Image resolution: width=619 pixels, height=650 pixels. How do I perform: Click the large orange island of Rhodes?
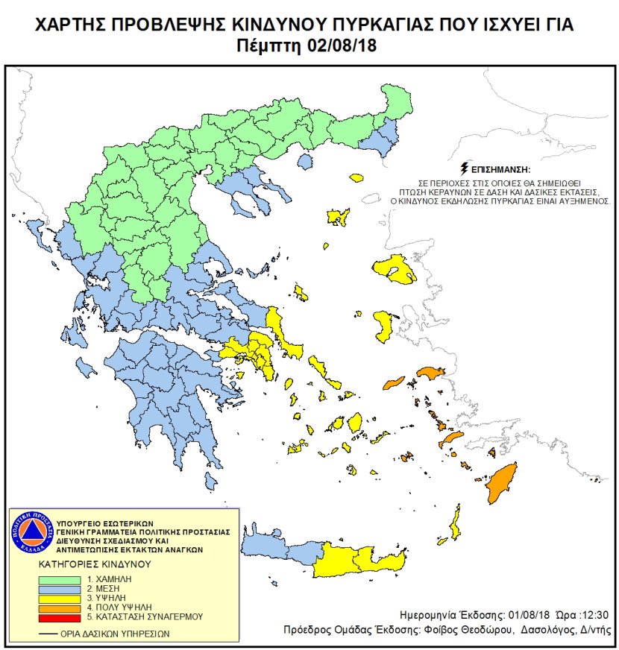tap(502, 482)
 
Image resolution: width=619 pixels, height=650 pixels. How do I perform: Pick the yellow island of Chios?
tap(384, 326)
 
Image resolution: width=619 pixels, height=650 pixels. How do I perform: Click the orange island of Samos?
tap(430, 372)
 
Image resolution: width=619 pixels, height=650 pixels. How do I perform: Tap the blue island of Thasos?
tap(304, 162)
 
